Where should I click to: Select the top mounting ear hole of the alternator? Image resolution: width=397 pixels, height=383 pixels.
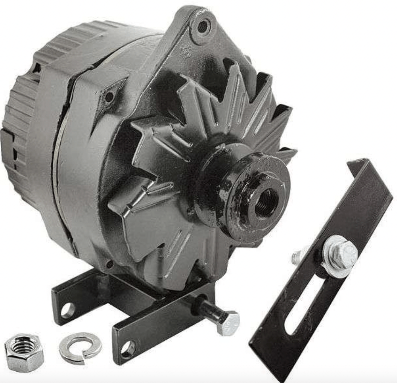(202, 26)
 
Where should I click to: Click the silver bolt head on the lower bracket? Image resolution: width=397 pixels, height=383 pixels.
(229, 323)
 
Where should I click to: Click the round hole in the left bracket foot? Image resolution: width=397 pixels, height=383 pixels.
(67, 310)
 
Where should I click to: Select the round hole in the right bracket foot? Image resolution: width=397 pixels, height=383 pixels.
(128, 349)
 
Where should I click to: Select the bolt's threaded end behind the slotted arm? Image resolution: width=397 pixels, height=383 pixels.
(297, 256)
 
